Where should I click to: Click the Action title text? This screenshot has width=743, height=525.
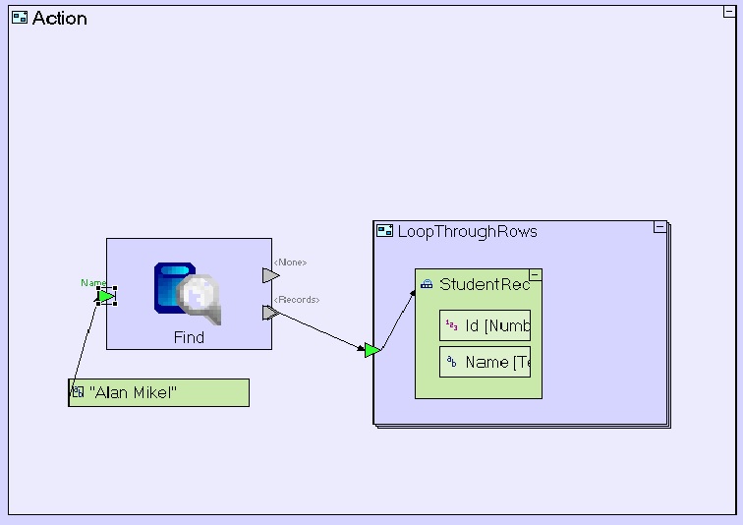[x=59, y=18]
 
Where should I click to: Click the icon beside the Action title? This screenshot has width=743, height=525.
[x=20, y=18]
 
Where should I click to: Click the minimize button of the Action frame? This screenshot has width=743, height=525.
[x=729, y=12]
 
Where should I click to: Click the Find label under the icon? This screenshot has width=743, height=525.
[x=189, y=337]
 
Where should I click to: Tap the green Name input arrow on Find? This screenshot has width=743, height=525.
[x=106, y=296]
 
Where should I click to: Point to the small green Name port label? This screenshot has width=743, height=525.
[x=92, y=283]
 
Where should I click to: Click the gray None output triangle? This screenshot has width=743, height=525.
[x=270, y=276]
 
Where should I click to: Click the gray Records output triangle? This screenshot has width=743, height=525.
[x=270, y=313]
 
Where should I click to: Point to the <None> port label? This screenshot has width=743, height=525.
[x=290, y=262]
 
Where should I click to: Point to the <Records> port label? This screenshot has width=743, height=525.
[x=296, y=299]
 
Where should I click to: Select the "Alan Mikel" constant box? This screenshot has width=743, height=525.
[x=159, y=392]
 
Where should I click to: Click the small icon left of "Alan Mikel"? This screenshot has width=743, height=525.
[x=78, y=392]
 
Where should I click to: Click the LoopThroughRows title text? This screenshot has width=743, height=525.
[x=467, y=231]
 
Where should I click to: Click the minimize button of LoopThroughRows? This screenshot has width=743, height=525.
[x=659, y=227]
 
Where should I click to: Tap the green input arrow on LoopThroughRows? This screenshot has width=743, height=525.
[x=371, y=350]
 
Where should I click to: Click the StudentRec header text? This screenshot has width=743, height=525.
[x=484, y=284]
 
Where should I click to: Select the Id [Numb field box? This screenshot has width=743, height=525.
[x=485, y=325]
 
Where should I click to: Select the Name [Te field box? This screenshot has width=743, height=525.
[x=485, y=362]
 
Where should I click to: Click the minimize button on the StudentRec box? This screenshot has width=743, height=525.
[x=536, y=275]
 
